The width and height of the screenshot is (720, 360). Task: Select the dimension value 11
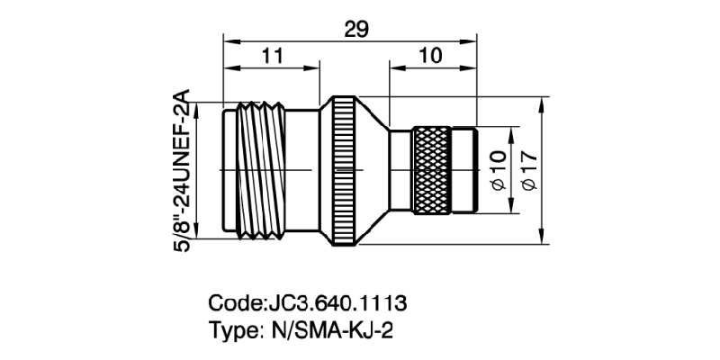click(x=272, y=56)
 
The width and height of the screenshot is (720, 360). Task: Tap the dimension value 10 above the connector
click(x=431, y=56)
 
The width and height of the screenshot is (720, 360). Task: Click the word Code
click(x=236, y=301)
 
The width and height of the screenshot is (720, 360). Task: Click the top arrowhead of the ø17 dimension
click(x=541, y=102)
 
